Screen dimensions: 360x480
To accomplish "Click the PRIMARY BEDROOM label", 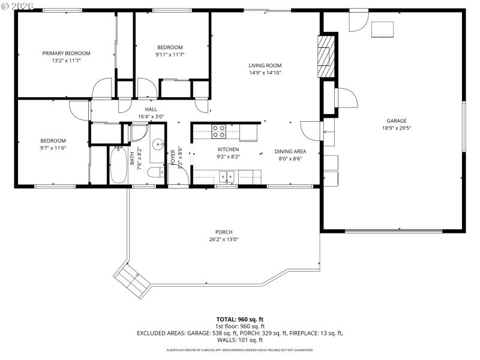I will [x=66, y=53].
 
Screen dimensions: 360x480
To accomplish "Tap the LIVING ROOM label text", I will [x=265, y=65].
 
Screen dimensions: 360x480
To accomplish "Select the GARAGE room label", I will [x=397, y=121].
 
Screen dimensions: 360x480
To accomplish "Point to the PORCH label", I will [x=224, y=232].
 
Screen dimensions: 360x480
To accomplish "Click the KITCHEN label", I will [x=228, y=149].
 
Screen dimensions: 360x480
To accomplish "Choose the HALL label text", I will [x=151, y=109].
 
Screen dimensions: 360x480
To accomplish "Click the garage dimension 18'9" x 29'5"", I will [x=397, y=128].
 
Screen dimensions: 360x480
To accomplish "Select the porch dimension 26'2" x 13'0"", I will [x=224, y=239].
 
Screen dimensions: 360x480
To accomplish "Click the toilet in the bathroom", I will [x=156, y=173].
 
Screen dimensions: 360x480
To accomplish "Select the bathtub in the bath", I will [x=118, y=166].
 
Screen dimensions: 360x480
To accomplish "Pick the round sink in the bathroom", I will [x=158, y=144].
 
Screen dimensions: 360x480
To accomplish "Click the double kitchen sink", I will [x=227, y=176].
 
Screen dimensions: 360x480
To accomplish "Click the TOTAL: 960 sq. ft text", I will [x=240, y=319].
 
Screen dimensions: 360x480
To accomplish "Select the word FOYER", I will [x=173, y=157].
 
